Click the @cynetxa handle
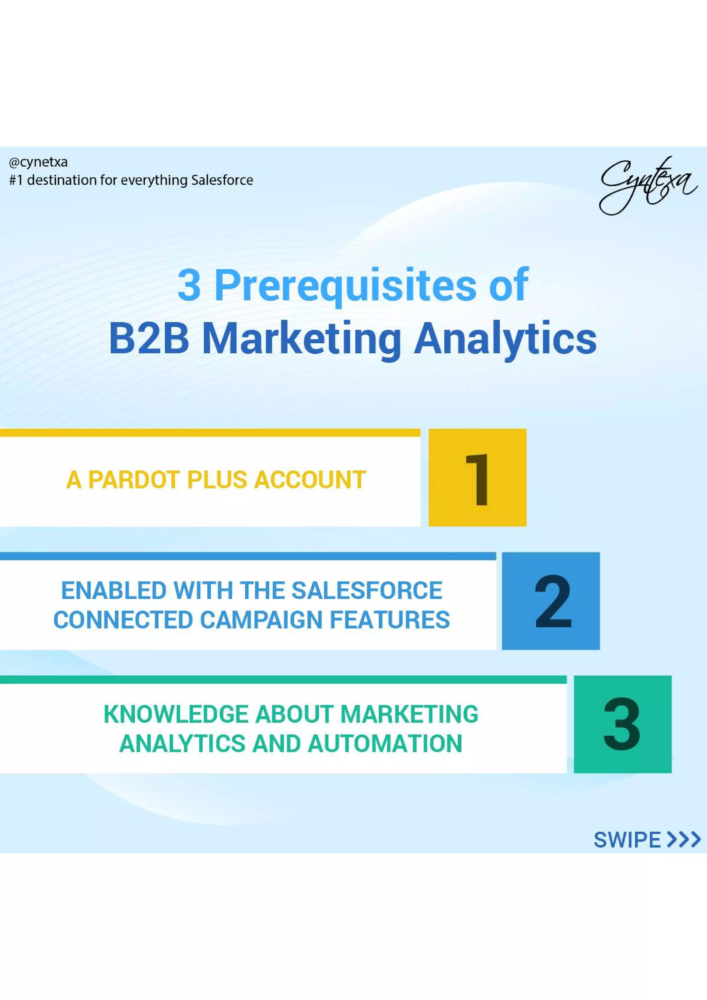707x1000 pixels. tap(38, 163)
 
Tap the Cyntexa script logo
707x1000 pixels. tap(648, 186)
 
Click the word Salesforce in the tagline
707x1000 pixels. tap(222, 180)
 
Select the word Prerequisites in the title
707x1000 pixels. tap(346, 286)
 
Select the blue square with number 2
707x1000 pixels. tap(551, 601)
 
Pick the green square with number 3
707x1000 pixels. tap(622, 724)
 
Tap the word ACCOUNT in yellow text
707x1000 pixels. tap(310, 480)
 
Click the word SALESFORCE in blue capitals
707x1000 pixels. tap(367, 591)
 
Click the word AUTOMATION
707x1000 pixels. tap(385, 744)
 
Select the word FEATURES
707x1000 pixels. tap(390, 620)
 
